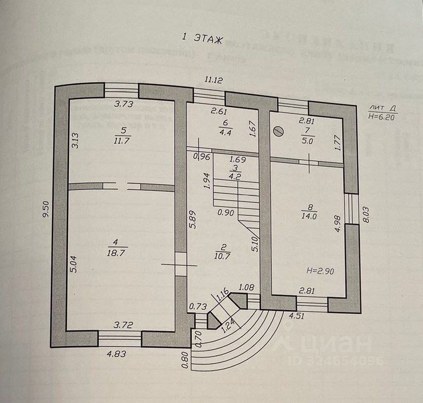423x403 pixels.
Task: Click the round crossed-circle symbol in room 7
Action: (278, 131)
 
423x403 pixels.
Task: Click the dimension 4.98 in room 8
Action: (335, 225)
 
